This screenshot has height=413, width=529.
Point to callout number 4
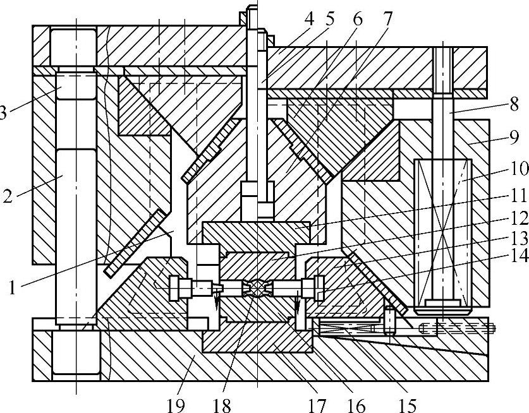point(308,18)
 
